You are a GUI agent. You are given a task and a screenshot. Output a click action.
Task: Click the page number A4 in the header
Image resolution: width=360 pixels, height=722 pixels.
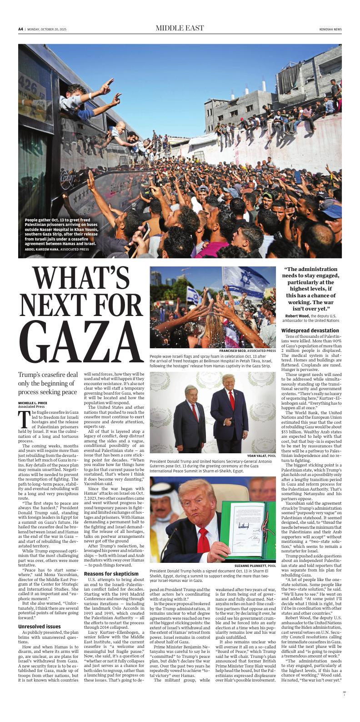coord(20,29)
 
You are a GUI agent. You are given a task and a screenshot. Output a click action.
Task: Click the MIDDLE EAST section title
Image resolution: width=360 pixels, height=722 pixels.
coord(180,28)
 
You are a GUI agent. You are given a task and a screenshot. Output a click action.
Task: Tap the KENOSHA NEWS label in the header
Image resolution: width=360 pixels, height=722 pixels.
coord(330,29)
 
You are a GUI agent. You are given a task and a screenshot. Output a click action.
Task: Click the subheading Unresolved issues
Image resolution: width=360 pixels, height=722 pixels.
coord(39,626)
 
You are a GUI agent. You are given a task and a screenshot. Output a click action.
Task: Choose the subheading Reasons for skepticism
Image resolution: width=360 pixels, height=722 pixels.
coord(107,574)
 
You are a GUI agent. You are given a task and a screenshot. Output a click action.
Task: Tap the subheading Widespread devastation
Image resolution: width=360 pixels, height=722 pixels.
coord(310,330)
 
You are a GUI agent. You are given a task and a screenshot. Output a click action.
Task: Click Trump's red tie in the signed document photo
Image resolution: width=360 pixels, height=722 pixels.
coord(203,538)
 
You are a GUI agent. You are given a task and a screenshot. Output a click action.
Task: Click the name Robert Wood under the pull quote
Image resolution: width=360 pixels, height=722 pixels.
coord(297,316)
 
